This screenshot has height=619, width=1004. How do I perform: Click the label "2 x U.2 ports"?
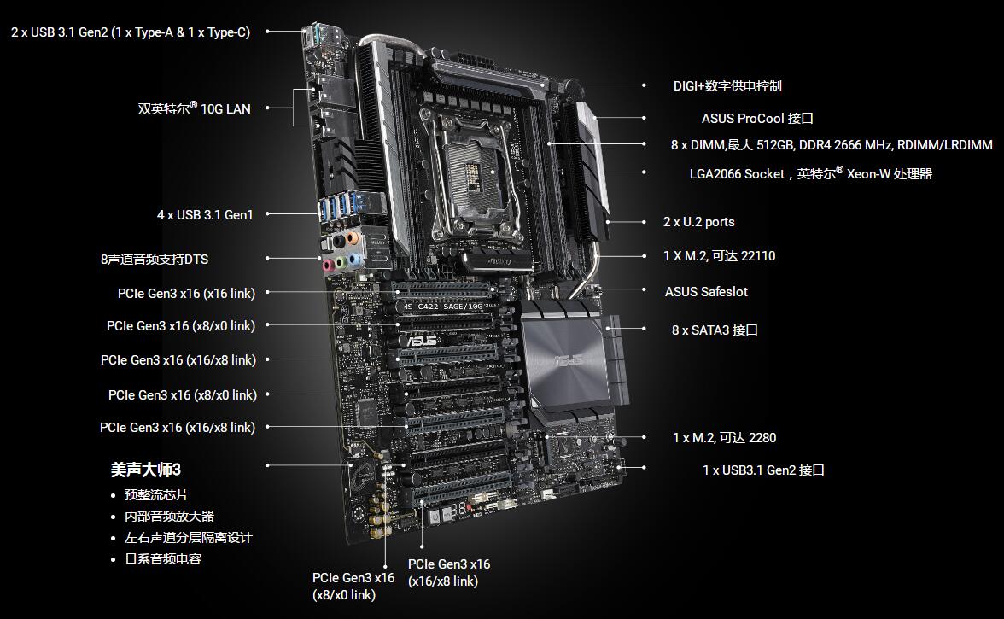(698, 222)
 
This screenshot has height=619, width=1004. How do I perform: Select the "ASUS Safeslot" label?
(706, 292)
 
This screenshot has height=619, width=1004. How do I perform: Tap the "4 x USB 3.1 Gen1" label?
(205, 215)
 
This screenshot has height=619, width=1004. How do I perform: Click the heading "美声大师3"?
(145, 470)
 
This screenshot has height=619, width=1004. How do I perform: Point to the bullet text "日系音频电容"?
(162, 559)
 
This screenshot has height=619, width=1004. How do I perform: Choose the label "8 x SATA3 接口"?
(715, 330)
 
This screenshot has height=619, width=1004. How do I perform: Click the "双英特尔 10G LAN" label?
(194, 108)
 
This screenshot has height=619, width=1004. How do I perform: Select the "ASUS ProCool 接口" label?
(757, 119)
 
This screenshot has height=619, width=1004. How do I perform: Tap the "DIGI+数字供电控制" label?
(727, 85)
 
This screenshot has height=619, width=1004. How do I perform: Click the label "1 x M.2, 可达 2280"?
(724, 438)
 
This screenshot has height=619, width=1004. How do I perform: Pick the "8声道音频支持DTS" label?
(155, 260)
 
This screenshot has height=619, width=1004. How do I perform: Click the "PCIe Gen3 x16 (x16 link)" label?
(186, 293)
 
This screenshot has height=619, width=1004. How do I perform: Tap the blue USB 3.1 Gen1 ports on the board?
(338, 205)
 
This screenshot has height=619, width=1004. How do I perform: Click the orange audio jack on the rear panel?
(352, 239)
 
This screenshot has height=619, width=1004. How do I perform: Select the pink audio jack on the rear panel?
(328, 265)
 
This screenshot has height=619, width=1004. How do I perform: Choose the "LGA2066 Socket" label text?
(737, 174)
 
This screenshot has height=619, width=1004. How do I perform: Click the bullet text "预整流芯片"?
(156, 495)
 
